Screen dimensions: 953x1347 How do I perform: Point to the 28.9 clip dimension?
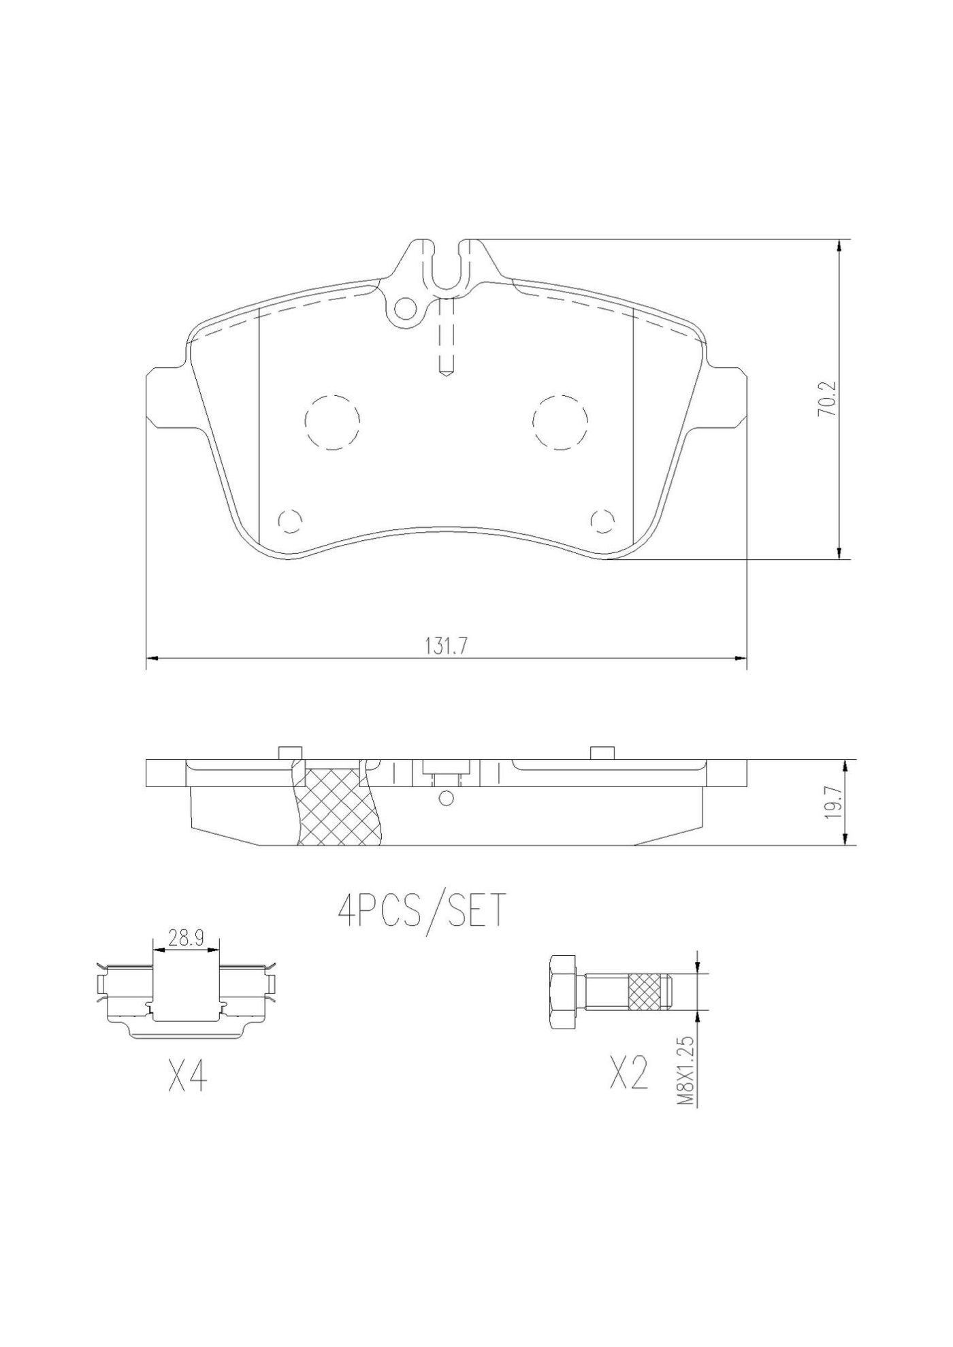coord(187,939)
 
